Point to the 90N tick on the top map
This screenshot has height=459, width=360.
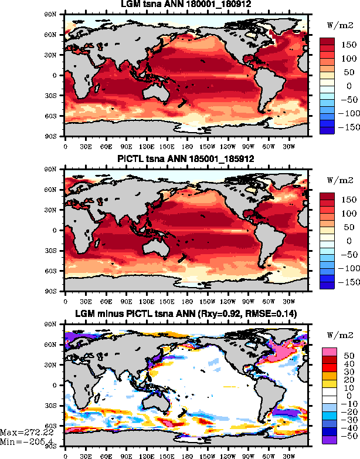tap(57, 14)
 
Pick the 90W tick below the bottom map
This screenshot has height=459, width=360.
tap(246, 455)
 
